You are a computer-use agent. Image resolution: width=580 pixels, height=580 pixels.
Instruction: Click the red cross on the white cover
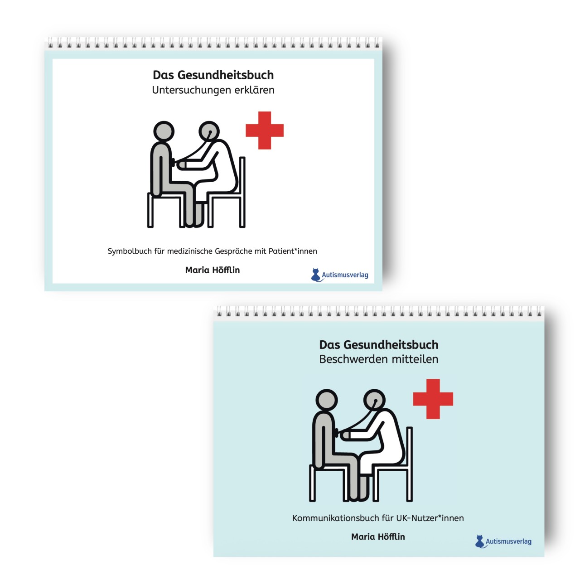[x=265, y=130]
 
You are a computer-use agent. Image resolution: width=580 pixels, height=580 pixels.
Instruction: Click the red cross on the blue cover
[x=433, y=399]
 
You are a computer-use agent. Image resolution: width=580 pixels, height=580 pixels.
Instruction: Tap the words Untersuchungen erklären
[x=213, y=90]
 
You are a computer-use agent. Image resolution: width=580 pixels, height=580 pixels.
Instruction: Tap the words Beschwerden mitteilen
[x=379, y=359]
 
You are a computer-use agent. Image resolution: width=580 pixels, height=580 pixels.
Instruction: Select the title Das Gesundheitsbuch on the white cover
[x=213, y=75]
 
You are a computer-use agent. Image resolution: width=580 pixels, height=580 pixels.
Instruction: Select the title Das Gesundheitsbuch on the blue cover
[x=379, y=345]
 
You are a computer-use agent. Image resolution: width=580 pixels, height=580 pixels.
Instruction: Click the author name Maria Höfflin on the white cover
[x=213, y=270]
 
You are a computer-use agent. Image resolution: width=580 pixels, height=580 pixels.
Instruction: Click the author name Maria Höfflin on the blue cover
[x=378, y=536]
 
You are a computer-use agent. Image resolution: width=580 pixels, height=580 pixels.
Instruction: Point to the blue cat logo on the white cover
[x=316, y=275]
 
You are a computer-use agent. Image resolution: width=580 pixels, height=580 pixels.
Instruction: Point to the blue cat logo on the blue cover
[x=480, y=541]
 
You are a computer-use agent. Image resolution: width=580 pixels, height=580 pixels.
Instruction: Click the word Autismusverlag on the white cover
[x=345, y=275]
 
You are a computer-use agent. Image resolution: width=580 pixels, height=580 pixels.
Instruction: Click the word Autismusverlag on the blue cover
[x=508, y=541]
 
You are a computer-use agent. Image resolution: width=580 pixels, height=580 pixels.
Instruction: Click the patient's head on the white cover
[x=164, y=131]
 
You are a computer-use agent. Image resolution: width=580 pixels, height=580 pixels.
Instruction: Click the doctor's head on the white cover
[x=209, y=131]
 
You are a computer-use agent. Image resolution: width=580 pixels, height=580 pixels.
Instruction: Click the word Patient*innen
[x=293, y=251]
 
